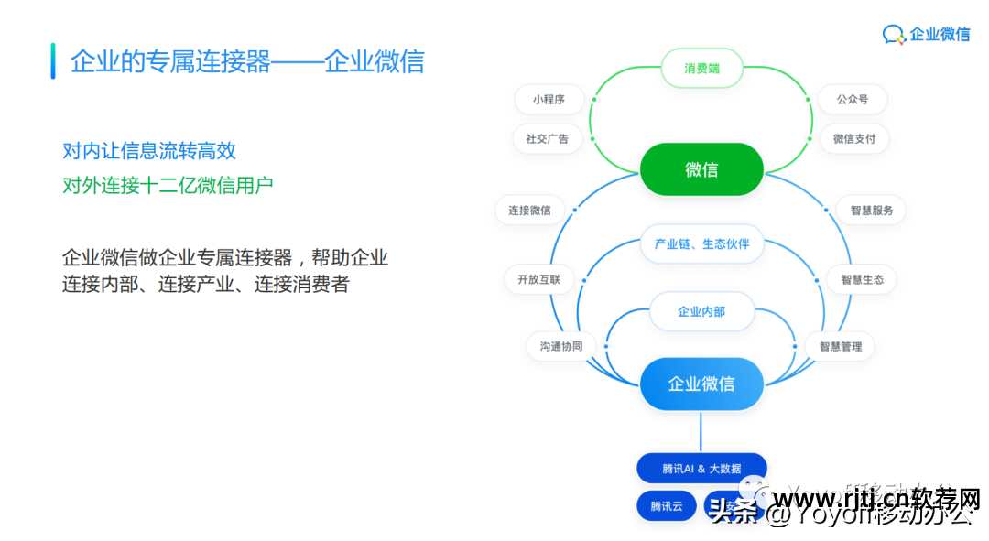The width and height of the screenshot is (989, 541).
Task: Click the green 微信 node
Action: click(701, 169)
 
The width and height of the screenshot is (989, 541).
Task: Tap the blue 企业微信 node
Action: click(701, 384)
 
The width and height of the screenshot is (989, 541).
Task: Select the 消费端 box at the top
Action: click(701, 69)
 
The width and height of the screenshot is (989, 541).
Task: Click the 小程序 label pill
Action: click(549, 100)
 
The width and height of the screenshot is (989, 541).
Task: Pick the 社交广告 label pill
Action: click(547, 139)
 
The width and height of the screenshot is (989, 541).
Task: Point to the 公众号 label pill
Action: click(853, 100)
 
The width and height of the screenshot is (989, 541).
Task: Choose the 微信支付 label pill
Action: click(853, 139)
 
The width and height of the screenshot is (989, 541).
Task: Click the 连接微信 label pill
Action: click(529, 211)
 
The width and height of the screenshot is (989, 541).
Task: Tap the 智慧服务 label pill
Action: click(871, 211)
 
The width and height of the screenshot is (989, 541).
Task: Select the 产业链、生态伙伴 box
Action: click(701, 244)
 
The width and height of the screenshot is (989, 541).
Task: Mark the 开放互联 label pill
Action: click(538, 279)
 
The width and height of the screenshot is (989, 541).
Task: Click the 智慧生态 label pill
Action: click(862, 279)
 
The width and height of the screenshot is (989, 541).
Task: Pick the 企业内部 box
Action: click(701, 312)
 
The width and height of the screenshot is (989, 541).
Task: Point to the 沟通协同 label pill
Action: click(560, 346)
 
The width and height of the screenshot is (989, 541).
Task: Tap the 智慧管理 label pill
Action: click(840, 346)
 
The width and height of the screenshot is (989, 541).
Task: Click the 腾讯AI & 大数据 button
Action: click(701, 469)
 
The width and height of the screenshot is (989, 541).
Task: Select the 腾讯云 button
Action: click(667, 506)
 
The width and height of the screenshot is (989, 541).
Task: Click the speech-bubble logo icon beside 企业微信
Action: click(894, 35)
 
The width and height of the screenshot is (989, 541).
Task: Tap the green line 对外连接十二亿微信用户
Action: click(168, 186)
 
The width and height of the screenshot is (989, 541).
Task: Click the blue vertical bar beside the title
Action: click(53, 60)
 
